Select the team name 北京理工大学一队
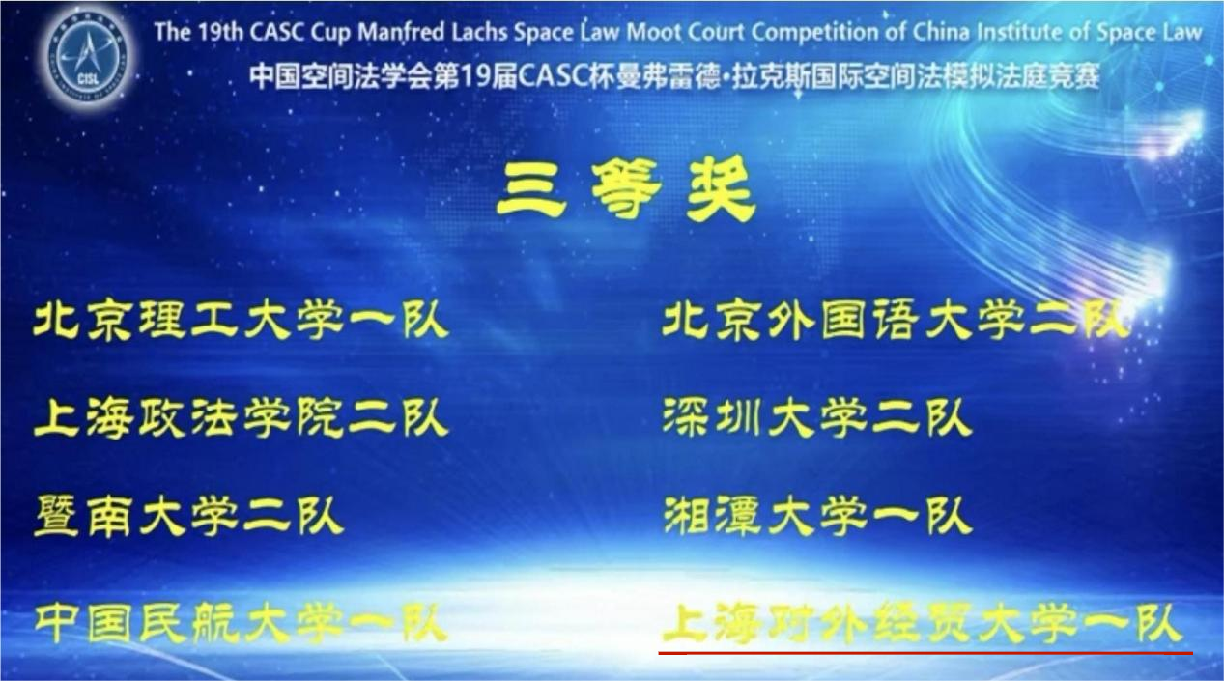coord(241,321)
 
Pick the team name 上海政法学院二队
coord(241,418)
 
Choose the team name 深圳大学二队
coord(817,418)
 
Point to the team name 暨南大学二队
coord(188,516)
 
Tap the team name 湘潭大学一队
coord(817,516)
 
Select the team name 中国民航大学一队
coord(241,623)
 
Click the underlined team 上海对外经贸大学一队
coord(923,624)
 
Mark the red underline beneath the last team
coord(925,653)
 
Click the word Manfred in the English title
coord(402,33)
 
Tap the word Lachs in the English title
coord(480,33)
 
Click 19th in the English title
coord(220,33)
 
